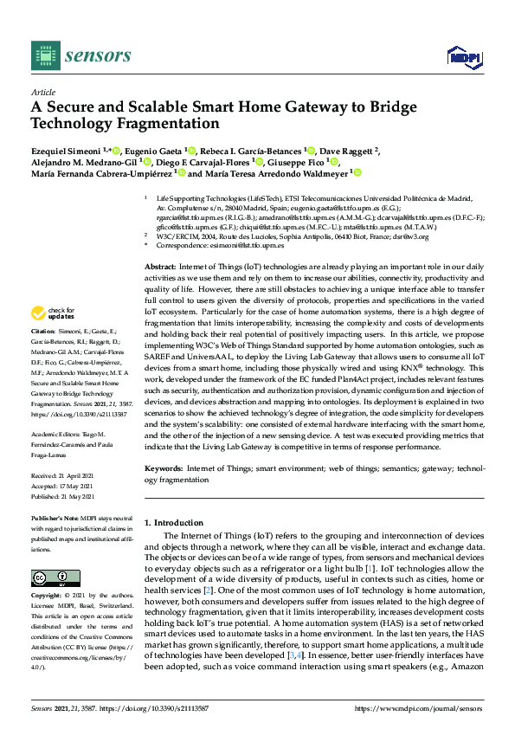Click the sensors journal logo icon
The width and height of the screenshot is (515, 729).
point(42,56)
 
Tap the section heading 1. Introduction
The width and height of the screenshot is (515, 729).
point(175,523)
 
